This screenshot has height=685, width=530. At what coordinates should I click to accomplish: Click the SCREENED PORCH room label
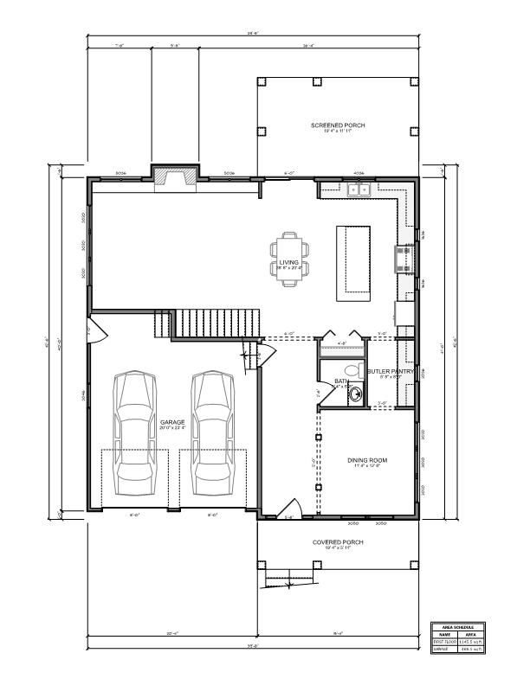pyautogui.click(x=338, y=125)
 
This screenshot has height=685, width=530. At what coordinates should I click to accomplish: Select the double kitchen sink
pyautogui.click(x=358, y=189)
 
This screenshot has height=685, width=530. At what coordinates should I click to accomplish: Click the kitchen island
pyautogui.click(x=353, y=260)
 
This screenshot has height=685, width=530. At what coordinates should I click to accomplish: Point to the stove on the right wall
pyautogui.click(x=403, y=259)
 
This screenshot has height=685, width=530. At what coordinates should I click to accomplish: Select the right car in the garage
pyautogui.click(x=211, y=427)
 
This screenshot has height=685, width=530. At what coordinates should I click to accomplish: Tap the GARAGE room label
pyautogui.click(x=172, y=423)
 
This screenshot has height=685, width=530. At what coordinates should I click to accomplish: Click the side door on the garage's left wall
pyautogui.click(x=96, y=330)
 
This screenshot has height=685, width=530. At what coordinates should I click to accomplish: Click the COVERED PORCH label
pyautogui.click(x=338, y=542)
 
